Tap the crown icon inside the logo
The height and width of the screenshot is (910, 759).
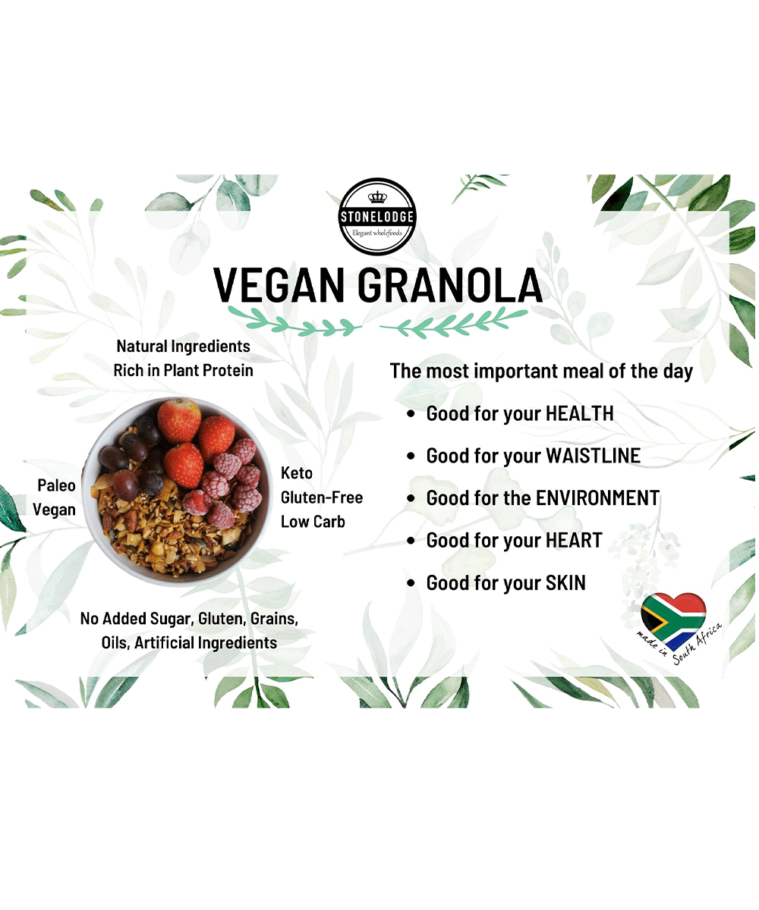point(377,197)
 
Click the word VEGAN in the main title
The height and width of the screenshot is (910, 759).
point(279,285)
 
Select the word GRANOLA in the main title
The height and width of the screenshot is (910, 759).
point(450,285)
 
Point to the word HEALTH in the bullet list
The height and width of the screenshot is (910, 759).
point(580,413)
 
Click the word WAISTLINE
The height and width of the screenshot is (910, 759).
point(594,456)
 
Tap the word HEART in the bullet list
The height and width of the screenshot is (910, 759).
point(574,541)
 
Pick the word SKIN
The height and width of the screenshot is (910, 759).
point(565,582)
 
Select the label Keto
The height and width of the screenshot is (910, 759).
point(297,473)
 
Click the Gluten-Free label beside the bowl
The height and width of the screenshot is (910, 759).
point(322,497)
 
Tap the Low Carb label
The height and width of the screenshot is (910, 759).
point(313,522)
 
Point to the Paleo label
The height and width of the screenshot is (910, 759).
point(56,485)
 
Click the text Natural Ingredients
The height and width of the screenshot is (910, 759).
point(183,347)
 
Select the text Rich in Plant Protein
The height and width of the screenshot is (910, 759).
point(183,371)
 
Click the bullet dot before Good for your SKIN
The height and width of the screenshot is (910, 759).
point(411,583)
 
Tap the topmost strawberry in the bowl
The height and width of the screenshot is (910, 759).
point(179,421)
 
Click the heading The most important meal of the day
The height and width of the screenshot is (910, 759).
point(541,372)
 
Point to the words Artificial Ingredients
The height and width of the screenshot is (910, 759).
point(206,643)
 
